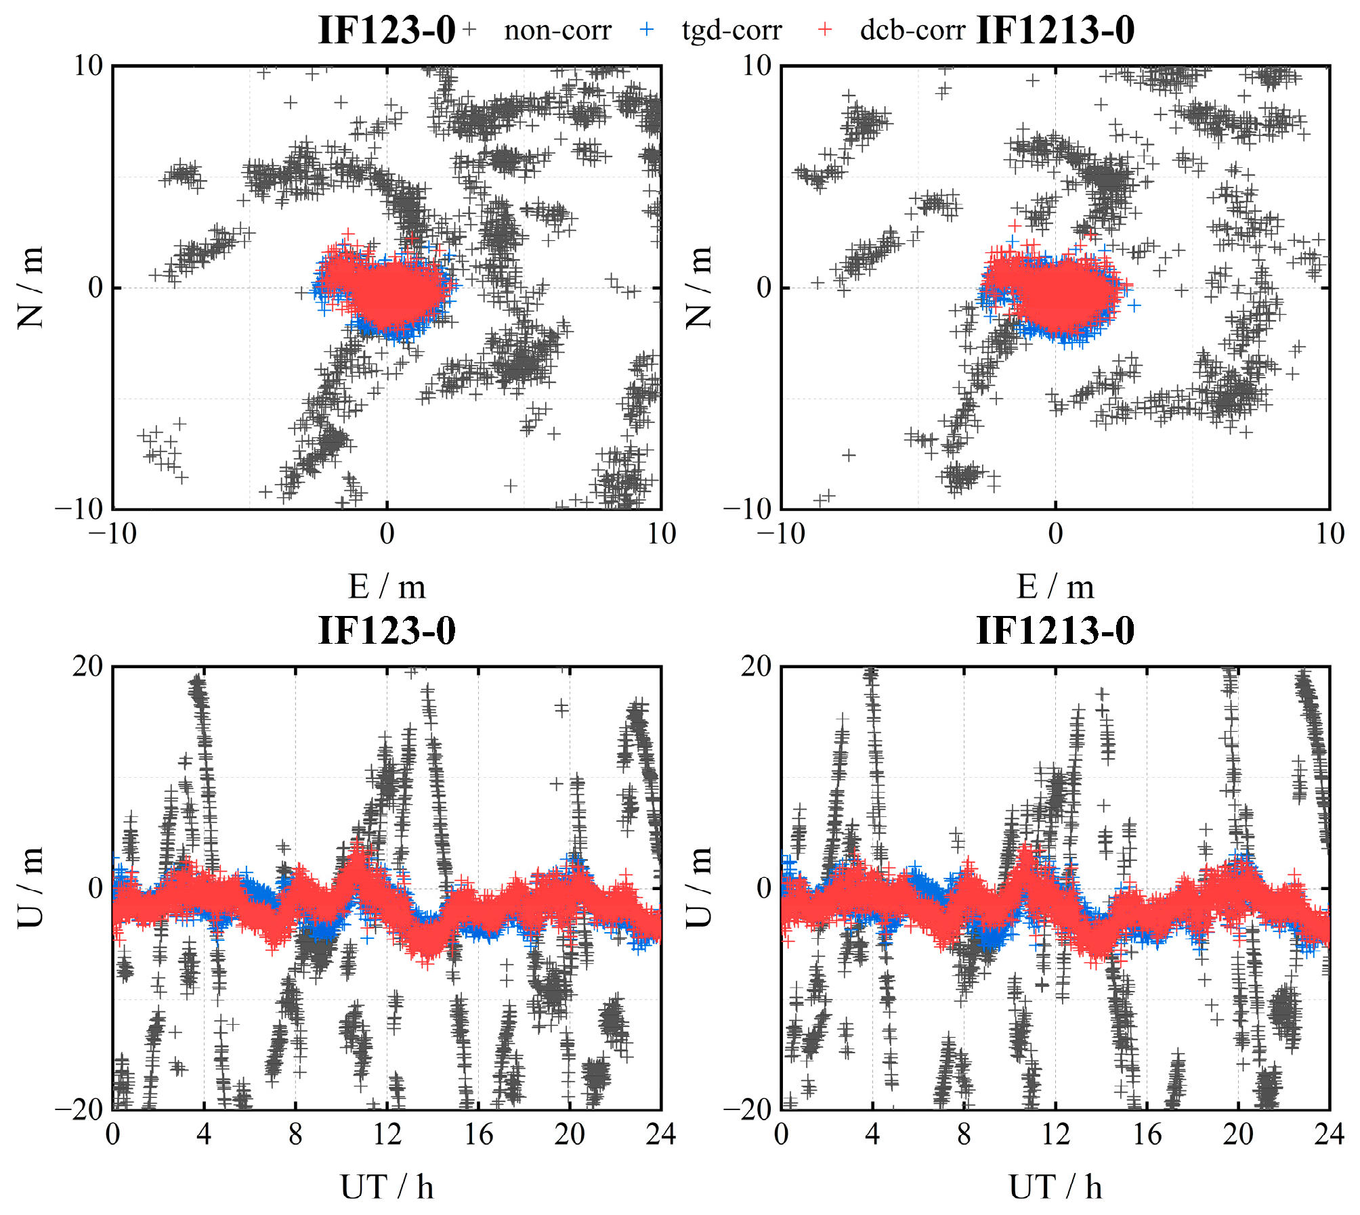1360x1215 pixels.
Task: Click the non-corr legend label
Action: pos(557,30)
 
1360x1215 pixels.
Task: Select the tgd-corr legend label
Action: pos(731,30)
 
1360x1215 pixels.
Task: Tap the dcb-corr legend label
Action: pos(912,30)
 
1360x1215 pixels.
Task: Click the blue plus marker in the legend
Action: pos(647,29)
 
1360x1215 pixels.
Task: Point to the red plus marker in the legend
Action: pos(824,29)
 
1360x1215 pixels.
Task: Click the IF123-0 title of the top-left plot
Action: pos(387,30)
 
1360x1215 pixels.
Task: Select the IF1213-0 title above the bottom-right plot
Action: pos(1055,630)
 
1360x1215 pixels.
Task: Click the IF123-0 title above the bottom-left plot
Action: pos(387,630)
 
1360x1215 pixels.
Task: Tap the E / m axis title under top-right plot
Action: pos(1055,587)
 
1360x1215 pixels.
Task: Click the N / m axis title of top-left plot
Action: pos(31,287)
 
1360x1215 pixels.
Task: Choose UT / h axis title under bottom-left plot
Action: pos(387,1187)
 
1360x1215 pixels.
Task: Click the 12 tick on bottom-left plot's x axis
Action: pos(387,1134)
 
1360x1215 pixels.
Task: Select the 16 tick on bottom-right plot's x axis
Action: pos(1147,1134)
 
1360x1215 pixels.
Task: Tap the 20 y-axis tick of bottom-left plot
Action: pos(88,667)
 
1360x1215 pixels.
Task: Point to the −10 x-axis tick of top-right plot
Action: pos(781,534)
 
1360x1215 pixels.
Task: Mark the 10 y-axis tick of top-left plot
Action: pos(88,66)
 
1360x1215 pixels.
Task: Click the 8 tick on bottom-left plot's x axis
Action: pos(295,1134)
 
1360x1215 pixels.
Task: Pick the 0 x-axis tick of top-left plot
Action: pos(387,534)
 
